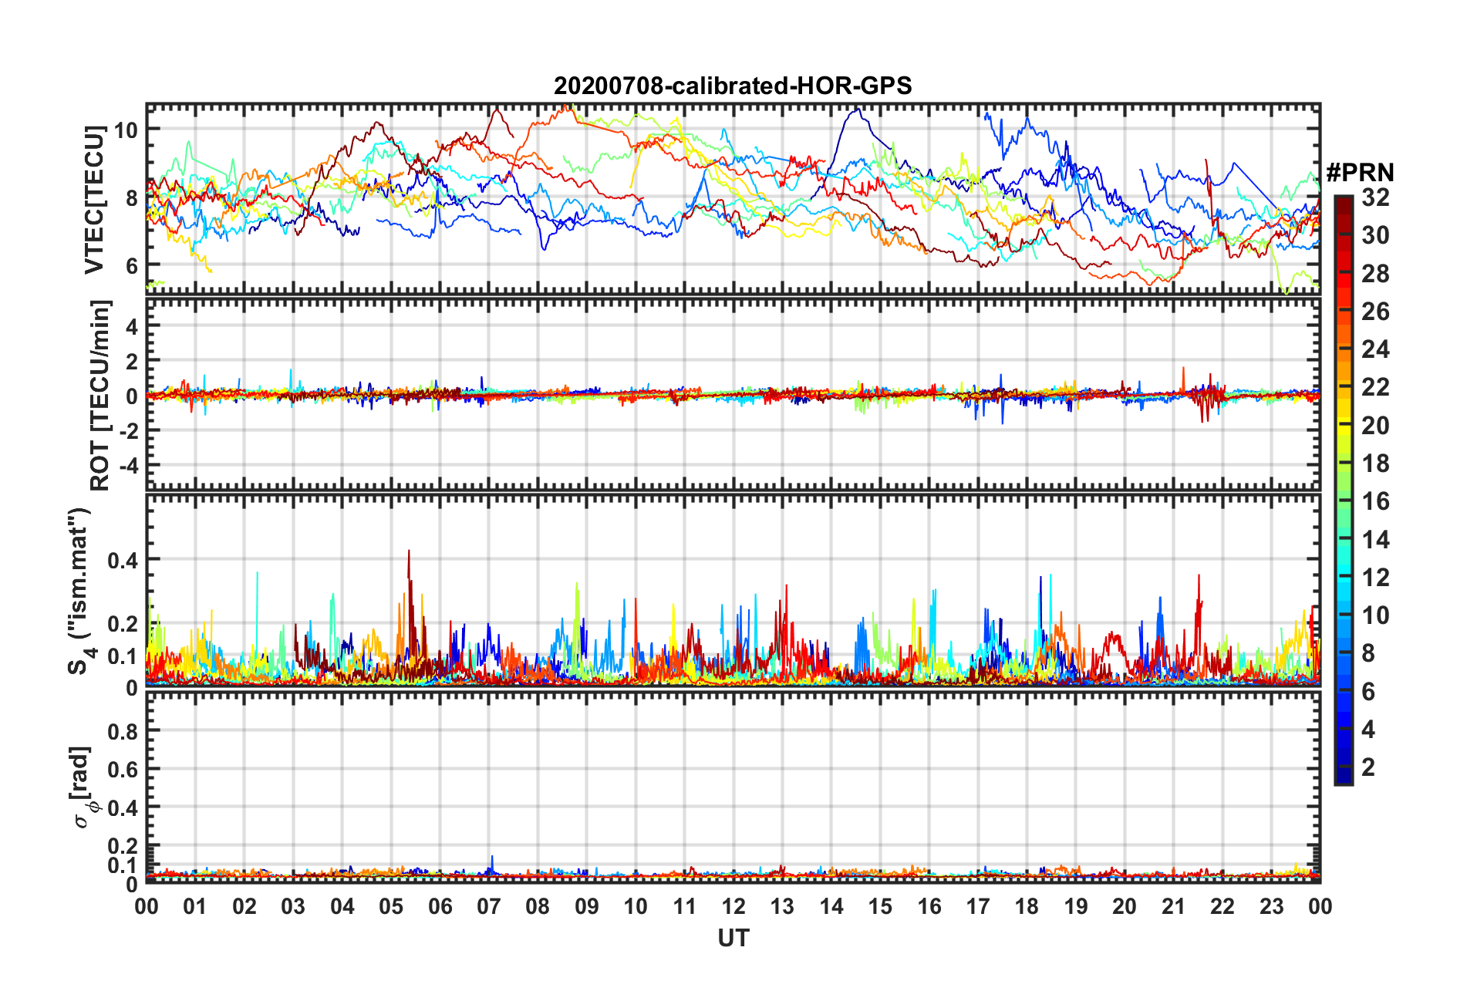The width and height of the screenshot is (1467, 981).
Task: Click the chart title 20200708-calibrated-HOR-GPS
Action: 733,86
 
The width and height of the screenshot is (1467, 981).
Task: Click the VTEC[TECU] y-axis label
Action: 94,200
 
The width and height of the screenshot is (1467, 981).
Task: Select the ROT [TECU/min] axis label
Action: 99,396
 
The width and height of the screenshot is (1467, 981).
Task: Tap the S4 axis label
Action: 80,591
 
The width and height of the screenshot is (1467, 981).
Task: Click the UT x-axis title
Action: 733,938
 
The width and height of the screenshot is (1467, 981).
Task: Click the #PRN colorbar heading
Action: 1360,172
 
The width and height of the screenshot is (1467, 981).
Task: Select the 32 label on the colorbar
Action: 1375,197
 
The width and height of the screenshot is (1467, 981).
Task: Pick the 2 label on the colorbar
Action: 1368,767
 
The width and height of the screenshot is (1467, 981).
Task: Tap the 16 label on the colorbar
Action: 1375,501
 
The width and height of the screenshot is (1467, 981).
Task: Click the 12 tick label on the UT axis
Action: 733,906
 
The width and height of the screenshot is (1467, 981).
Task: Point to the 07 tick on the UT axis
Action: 489,906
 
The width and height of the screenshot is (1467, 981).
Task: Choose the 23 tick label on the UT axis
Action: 1271,906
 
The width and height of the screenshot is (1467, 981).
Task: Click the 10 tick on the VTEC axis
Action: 126,130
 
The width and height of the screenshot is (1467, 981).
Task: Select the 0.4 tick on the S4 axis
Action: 122,560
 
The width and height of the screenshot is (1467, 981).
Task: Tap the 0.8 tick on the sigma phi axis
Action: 122,731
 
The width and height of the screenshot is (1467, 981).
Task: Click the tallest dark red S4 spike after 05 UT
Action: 409,552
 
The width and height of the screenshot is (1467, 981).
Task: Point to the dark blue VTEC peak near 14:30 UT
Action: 855,110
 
